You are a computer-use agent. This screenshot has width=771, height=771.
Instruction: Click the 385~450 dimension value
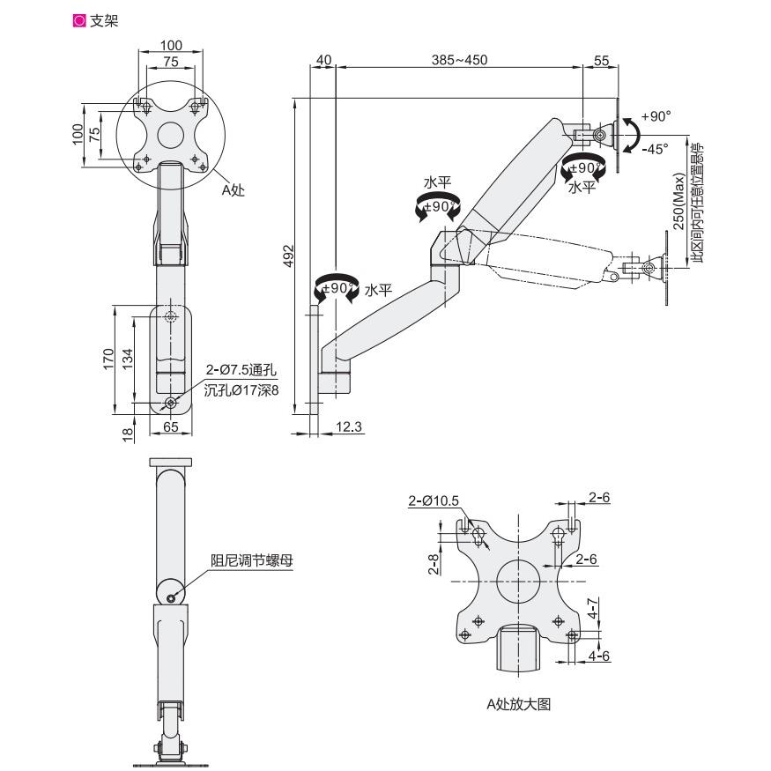[x=459, y=59]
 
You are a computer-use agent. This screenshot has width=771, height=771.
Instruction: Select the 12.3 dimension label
[x=350, y=426]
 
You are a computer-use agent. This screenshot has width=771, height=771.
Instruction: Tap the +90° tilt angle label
[x=656, y=116]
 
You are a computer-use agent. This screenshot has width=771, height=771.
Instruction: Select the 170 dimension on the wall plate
[x=107, y=358]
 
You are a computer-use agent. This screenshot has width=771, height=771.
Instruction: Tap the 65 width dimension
[x=170, y=427]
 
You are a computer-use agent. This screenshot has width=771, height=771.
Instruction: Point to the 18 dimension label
[x=127, y=433]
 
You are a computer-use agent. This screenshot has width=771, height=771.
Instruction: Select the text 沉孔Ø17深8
[x=241, y=389]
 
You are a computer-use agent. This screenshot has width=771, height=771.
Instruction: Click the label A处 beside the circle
[x=233, y=189]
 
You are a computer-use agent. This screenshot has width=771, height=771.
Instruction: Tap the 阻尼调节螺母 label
[x=251, y=560]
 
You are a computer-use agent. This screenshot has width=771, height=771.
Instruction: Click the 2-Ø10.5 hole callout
[x=434, y=500]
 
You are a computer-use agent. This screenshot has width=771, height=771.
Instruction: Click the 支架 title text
[x=104, y=19]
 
